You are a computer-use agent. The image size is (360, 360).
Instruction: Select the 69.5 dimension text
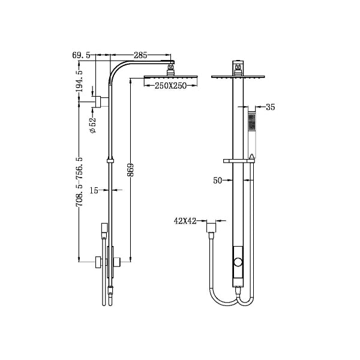click(81, 55)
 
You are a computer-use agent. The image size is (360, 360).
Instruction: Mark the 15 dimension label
click(94, 191)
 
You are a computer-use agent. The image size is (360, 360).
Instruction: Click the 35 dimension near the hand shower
click(270, 108)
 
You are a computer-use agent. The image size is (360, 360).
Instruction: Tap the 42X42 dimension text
click(186, 221)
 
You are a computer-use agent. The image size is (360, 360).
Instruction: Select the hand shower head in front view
click(252, 123)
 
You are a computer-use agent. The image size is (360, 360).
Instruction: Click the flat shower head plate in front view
click(239, 76)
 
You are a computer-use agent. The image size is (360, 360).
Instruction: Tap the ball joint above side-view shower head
click(171, 68)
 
